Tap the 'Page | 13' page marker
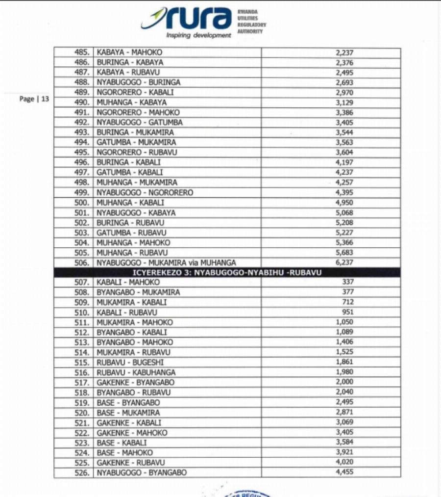34,99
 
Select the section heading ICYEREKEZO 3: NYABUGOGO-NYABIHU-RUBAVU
227,272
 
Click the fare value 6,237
344,262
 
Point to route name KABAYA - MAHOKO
129,52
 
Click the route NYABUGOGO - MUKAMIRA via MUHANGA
166,262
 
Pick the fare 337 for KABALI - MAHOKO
346,282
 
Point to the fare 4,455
344,472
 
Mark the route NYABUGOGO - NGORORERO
145,192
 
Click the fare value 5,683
344,252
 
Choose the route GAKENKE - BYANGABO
135,382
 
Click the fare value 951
346,312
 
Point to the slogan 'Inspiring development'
198,35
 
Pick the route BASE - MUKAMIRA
128,413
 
